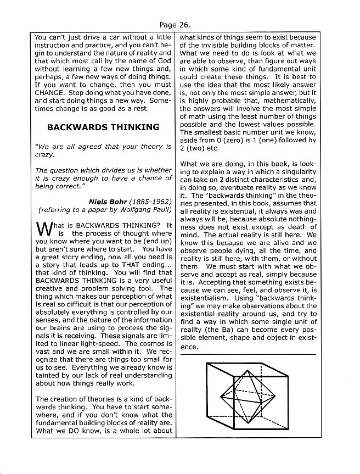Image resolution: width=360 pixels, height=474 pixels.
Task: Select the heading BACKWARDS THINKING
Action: (103, 127)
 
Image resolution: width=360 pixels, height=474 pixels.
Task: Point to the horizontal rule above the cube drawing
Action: (248, 354)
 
